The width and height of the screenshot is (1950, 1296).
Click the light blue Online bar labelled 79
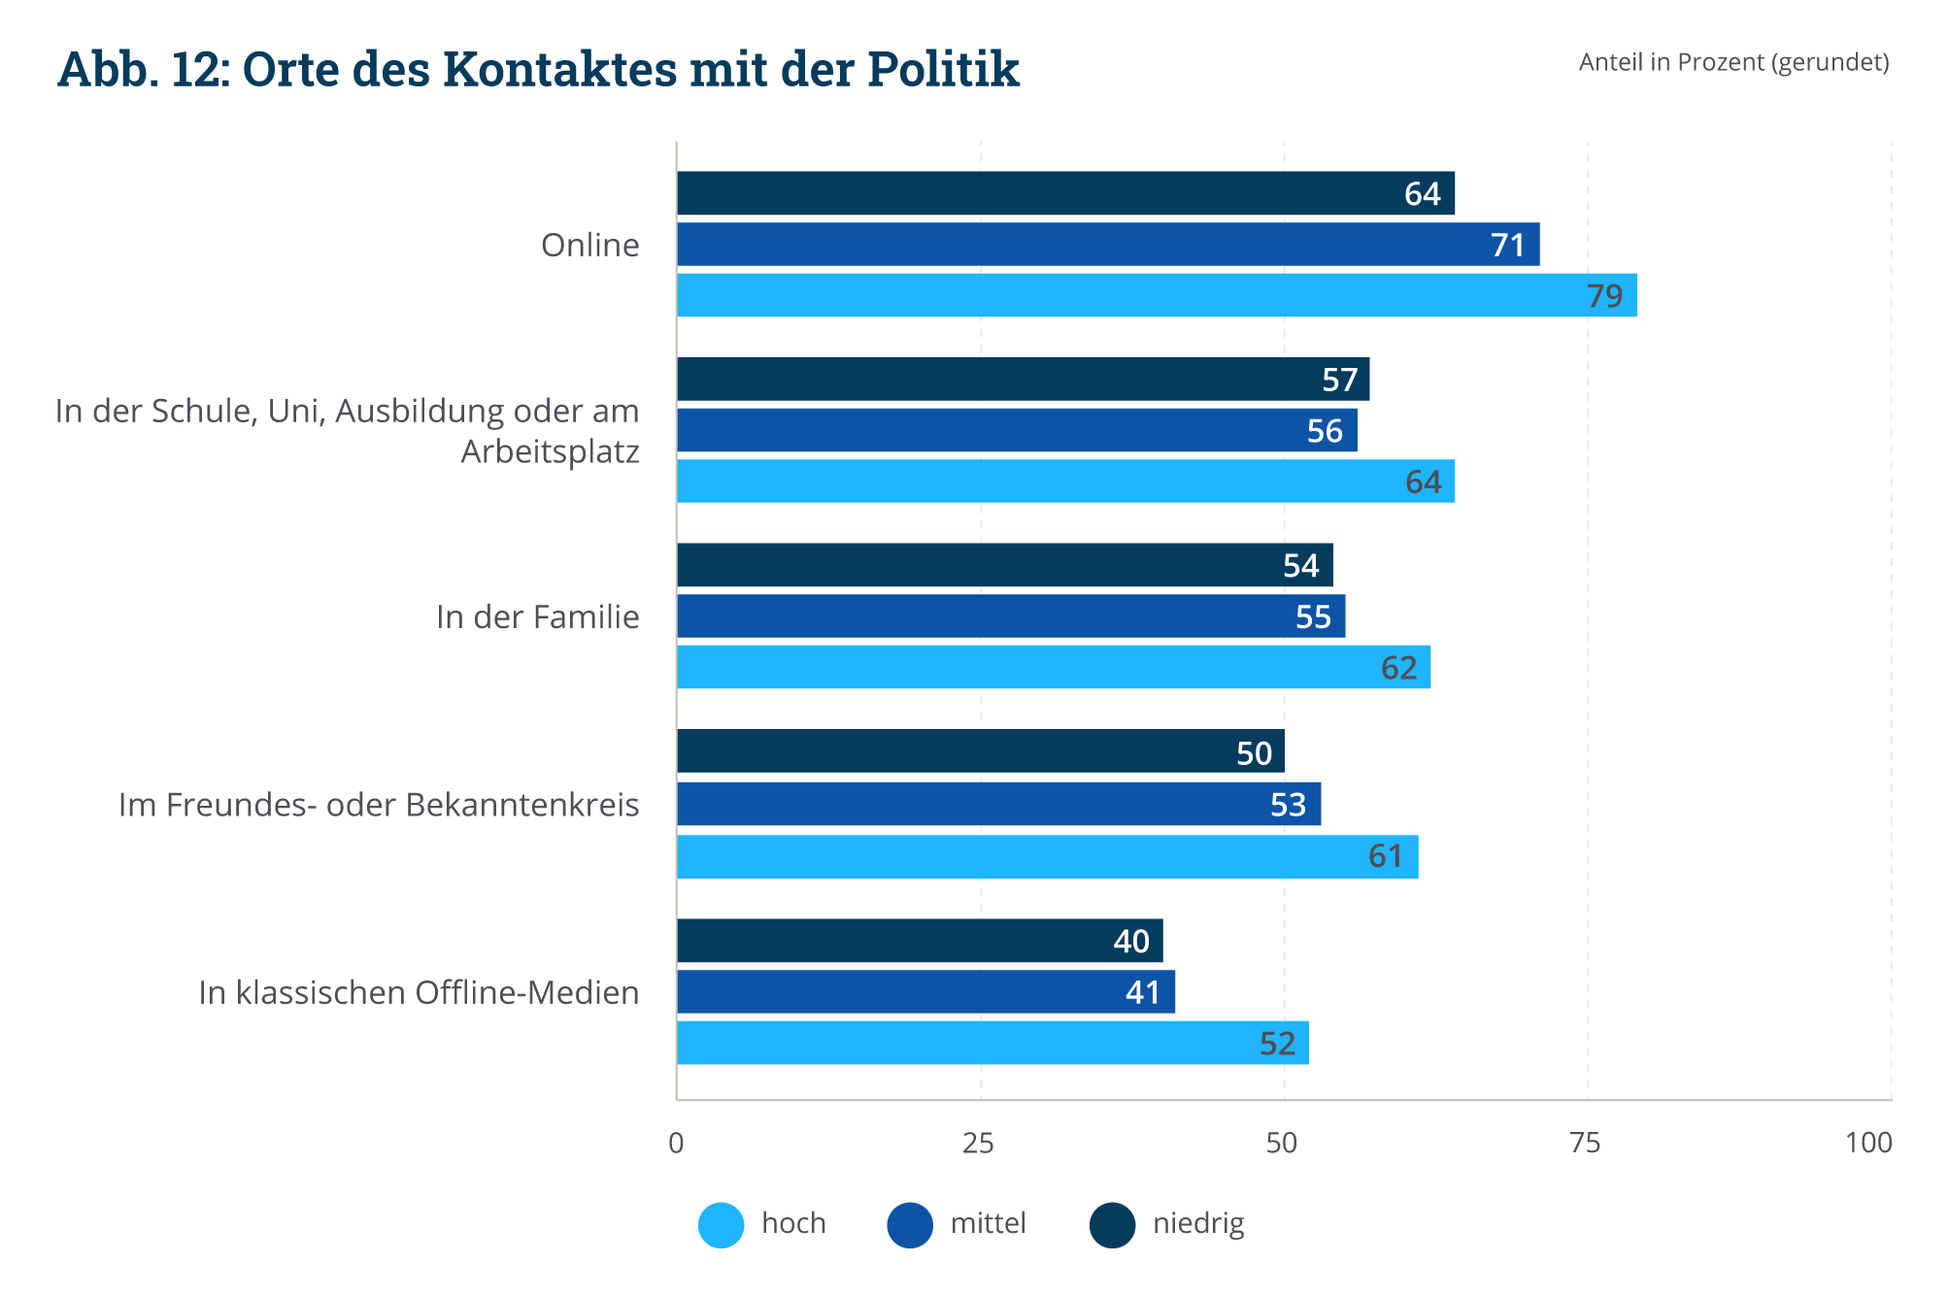click(x=1156, y=295)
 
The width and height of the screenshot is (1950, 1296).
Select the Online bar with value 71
click(x=1107, y=245)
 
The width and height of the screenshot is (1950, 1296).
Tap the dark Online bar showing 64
click(x=1065, y=193)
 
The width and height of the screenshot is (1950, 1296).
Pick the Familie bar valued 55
click(x=1010, y=616)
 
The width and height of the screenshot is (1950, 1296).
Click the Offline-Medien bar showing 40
click(x=919, y=941)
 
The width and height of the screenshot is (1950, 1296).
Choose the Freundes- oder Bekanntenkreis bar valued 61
click(x=1047, y=856)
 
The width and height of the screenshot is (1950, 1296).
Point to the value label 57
click(x=1339, y=380)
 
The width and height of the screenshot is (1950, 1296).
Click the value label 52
click(x=1277, y=1044)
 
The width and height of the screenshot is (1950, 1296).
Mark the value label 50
click(x=1254, y=753)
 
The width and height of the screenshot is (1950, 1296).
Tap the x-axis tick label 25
click(x=978, y=1144)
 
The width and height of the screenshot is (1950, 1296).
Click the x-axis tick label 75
click(x=1585, y=1144)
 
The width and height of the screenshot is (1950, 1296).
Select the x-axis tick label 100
click(x=1868, y=1144)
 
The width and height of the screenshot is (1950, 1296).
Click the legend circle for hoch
click(x=722, y=1224)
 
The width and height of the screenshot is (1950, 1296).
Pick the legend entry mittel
click(x=988, y=1223)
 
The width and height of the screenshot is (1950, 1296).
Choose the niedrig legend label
click(x=1198, y=1223)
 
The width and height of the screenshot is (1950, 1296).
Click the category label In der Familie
click(x=537, y=617)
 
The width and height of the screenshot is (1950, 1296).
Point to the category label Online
click(x=589, y=246)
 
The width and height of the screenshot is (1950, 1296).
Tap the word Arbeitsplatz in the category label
click(x=550, y=452)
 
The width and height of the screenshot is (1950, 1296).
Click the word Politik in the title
click(x=943, y=70)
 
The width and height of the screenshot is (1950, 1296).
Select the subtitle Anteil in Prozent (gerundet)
click(x=1733, y=62)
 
